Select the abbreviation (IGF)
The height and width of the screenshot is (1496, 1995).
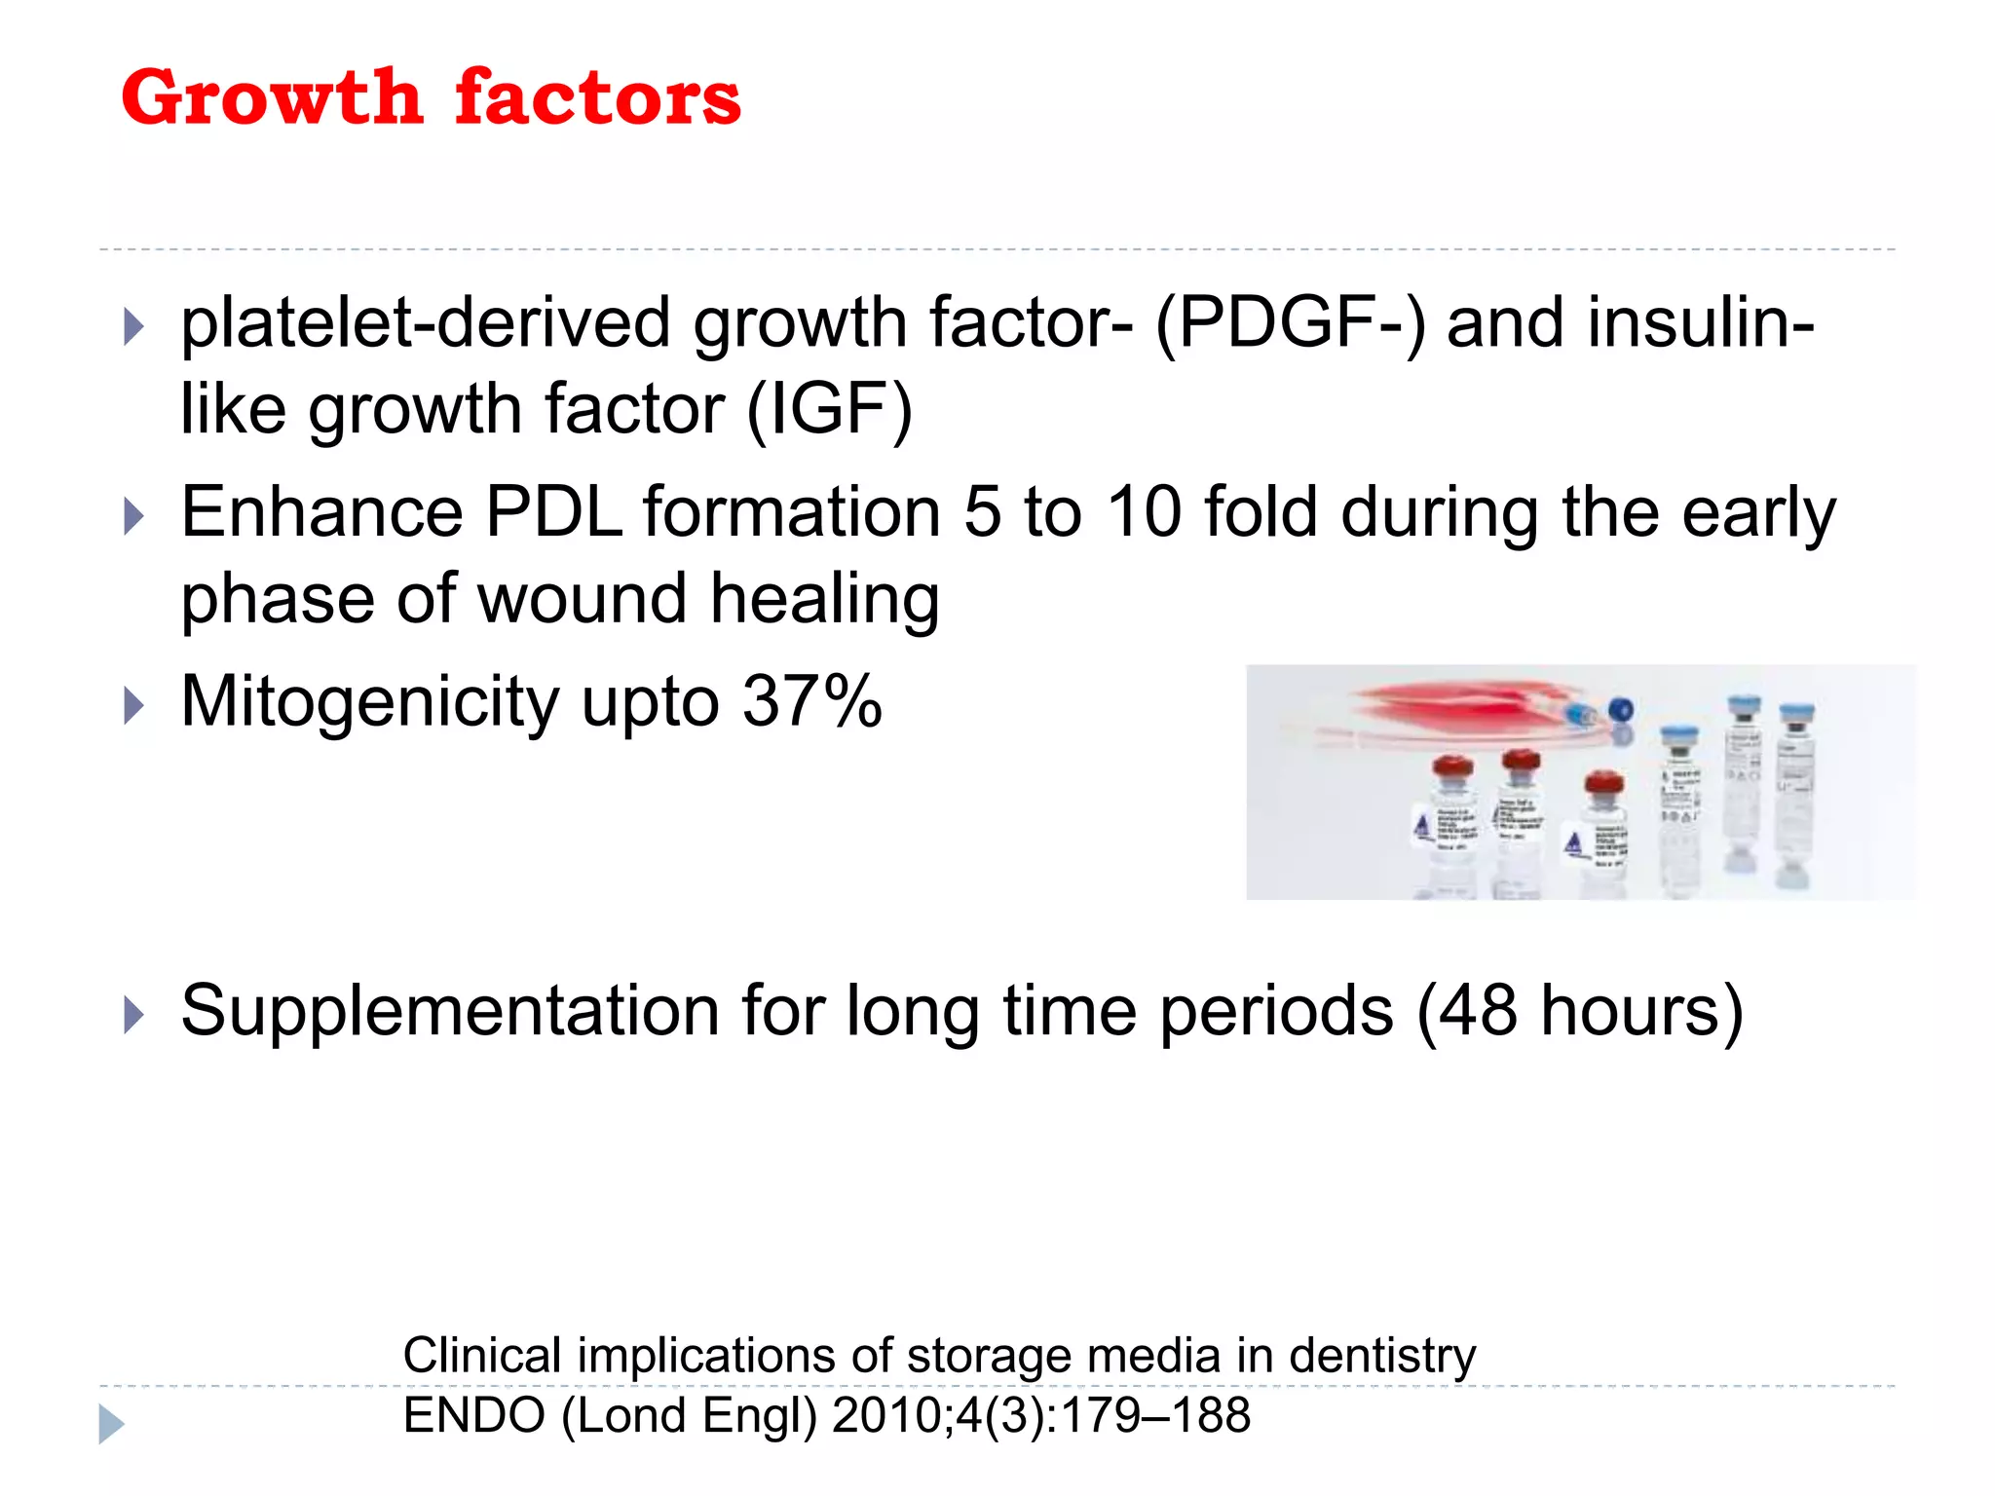coord(829,409)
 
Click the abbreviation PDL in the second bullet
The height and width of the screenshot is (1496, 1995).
coord(553,512)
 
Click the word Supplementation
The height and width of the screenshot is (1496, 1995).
coord(449,1011)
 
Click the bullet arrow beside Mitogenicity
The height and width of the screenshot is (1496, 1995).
coord(134,705)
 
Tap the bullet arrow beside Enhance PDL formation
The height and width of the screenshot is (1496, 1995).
coord(134,516)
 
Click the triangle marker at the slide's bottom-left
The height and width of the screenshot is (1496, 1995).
coord(111,1424)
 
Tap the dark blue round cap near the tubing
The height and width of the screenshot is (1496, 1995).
coord(1620,710)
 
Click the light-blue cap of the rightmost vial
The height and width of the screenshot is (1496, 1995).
coord(1796,715)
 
